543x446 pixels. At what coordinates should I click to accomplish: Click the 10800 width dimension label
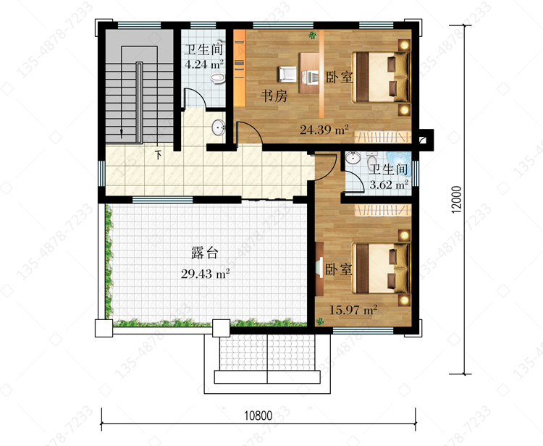pyautogui.click(x=258, y=415)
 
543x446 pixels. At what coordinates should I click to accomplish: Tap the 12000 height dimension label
pyautogui.click(x=457, y=199)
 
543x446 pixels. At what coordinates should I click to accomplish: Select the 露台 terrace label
pyautogui.click(x=205, y=253)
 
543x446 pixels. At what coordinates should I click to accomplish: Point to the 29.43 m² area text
pyautogui.click(x=205, y=274)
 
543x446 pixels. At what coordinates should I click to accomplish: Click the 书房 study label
pyautogui.click(x=274, y=96)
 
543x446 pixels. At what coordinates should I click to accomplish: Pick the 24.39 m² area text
pyautogui.click(x=324, y=130)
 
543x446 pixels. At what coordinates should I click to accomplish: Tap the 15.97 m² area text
pyautogui.click(x=353, y=310)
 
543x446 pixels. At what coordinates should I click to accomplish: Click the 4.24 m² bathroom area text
pyautogui.click(x=204, y=64)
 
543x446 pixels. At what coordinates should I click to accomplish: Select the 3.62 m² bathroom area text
pyautogui.click(x=389, y=185)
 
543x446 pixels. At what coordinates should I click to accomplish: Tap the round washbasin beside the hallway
pyautogui.click(x=219, y=127)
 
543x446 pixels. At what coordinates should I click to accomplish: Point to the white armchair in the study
pyautogui.click(x=287, y=74)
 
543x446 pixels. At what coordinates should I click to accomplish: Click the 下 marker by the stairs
pyautogui.click(x=159, y=154)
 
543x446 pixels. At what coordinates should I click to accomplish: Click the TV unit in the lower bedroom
pyautogui.click(x=319, y=269)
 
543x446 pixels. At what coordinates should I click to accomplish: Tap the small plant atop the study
pyautogui.click(x=312, y=35)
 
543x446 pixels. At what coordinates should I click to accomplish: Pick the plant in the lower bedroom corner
pyautogui.click(x=320, y=321)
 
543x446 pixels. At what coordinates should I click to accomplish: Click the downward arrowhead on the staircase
pyautogui.click(x=122, y=133)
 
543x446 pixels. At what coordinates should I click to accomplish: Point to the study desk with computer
pyautogui.click(x=309, y=72)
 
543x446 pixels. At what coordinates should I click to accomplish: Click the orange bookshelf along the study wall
pyautogui.click(x=240, y=68)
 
